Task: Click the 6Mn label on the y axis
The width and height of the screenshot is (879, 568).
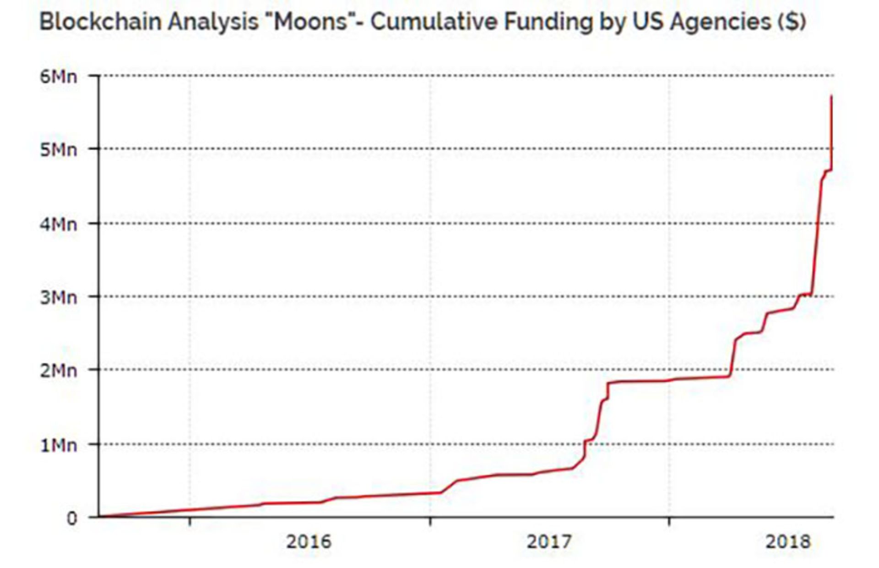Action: coord(59,76)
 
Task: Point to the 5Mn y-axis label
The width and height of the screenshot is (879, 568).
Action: coord(59,150)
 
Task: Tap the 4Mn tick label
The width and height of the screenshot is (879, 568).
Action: coord(59,224)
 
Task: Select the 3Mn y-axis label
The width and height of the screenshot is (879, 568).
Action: coord(59,298)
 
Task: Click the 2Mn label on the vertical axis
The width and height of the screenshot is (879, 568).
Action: coord(59,371)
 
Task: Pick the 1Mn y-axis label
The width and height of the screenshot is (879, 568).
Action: coord(59,445)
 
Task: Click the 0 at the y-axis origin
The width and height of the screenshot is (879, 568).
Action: coord(72,519)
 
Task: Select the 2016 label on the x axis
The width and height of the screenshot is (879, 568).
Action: coord(309,542)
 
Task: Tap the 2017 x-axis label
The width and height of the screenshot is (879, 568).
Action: coord(549,542)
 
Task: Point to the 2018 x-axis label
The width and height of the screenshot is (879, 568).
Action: coord(788,542)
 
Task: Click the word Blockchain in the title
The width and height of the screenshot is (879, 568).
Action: coord(100,22)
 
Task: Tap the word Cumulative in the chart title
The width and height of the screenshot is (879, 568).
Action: coord(434,22)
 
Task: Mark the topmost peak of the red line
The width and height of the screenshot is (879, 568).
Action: coord(831,96)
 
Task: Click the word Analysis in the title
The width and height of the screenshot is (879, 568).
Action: coord(212,22)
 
